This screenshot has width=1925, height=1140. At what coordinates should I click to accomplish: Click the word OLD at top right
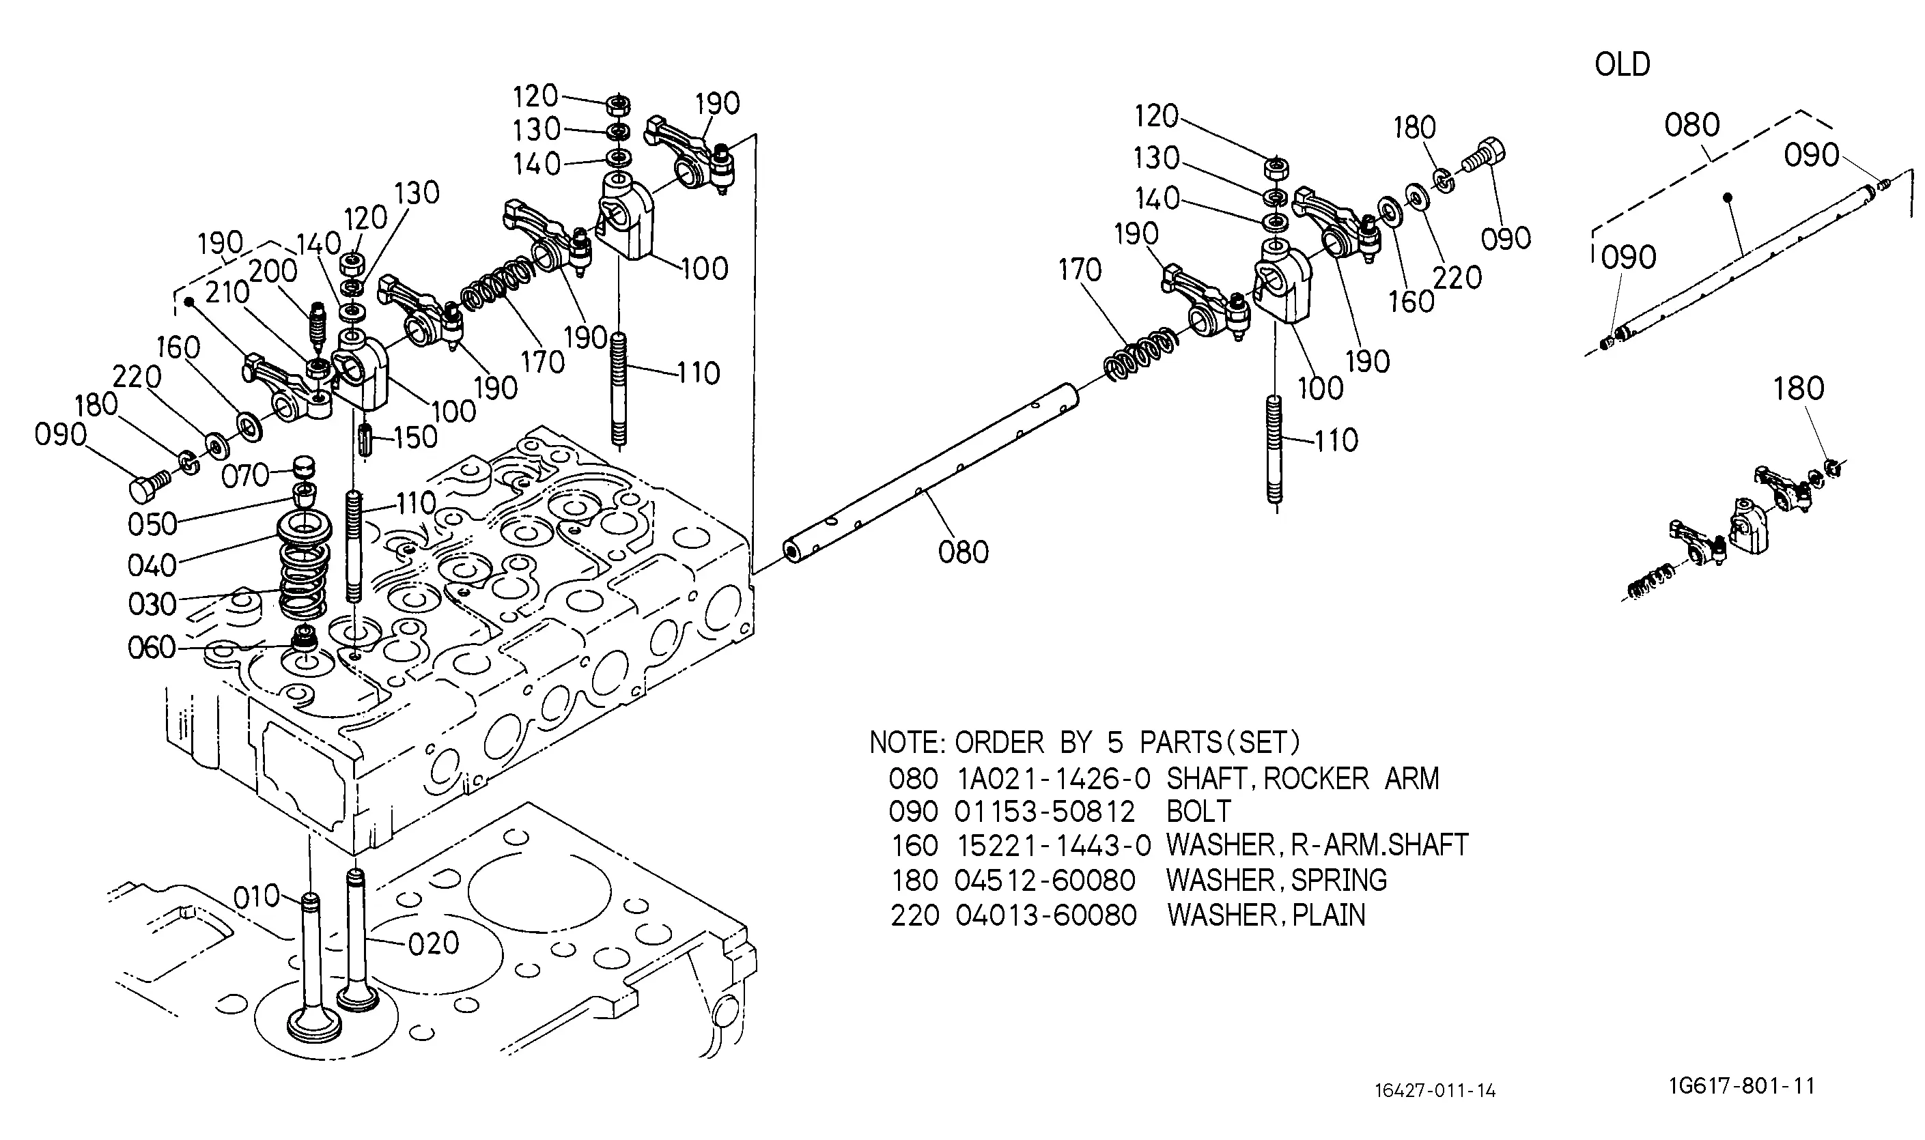(x=1622, y=65)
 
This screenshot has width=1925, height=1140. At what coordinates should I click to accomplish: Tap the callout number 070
(x=245, y=476)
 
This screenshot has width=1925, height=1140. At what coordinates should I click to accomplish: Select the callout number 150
(x=415, y=437)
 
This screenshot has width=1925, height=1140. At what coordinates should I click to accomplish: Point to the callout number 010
(x=256, y=896)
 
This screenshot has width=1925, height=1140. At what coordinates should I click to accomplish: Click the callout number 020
(x=434, y=943)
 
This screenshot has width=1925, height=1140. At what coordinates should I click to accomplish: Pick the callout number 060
(x=152, y=649)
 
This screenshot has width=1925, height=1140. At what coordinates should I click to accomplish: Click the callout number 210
(x=227, y=293)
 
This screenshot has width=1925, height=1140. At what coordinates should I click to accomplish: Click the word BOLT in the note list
(x=1199, y=812)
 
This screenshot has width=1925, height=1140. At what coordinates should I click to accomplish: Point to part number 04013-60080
(x=1046, y=915)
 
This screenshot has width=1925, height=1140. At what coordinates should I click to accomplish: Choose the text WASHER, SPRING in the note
(x=1277, y=881)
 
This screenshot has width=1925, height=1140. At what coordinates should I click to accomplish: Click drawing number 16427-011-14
(x=1435, y=1091)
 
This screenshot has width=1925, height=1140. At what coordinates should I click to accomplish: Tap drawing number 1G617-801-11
(x=1742, y=1086)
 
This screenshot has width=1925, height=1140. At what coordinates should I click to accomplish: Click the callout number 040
(x=152, y=566)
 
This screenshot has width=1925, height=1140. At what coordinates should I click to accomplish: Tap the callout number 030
(x=152, y=605)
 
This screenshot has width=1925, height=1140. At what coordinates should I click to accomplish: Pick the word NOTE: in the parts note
(x=908, y=743)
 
